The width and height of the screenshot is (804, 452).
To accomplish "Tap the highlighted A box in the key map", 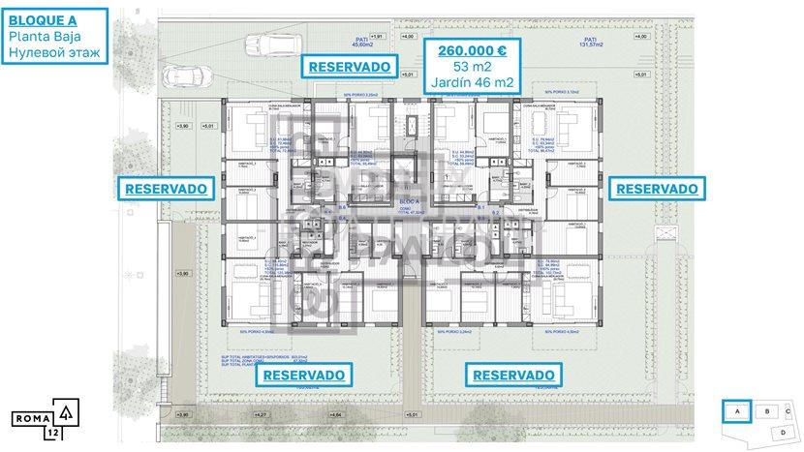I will pos(738,411).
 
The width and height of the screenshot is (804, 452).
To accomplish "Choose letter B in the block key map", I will pos(767,411).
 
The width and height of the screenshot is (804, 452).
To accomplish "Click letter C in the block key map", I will pos(789,411).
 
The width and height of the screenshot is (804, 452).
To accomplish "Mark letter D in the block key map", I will pos(783,431).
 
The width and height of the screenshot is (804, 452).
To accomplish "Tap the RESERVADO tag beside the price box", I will pos(350,66).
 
